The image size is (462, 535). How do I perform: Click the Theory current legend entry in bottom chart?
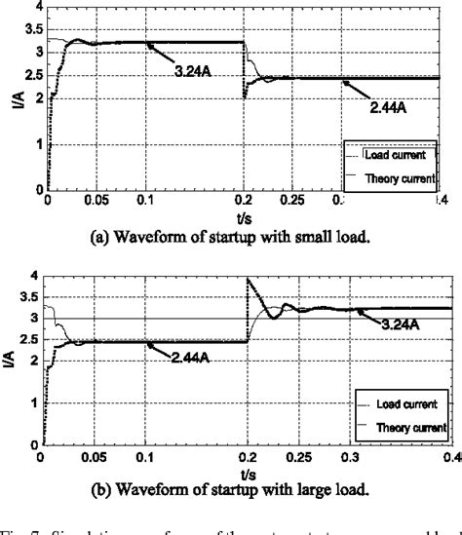pos(410,425)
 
